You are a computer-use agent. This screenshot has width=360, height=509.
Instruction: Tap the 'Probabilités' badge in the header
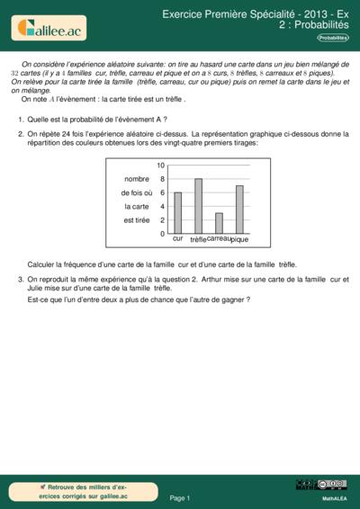point(332,39)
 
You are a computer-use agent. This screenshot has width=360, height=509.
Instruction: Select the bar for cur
point(178,212)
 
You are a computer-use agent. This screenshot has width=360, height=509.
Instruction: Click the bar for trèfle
point(199,206)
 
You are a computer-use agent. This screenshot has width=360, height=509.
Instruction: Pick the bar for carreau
point(219,223)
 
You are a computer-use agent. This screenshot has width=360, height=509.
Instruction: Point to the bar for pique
point(239,210)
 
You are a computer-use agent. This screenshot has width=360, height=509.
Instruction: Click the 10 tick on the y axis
point(161,165)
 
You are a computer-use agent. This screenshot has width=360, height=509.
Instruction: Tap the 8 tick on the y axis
point(161,179)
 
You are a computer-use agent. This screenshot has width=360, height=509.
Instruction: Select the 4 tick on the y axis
point(161,206)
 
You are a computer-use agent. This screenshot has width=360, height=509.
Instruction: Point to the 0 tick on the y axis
point(161,234)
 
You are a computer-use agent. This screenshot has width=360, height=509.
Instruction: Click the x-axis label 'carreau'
point(219,237)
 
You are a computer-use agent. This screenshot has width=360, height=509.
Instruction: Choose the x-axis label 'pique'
point(239,240)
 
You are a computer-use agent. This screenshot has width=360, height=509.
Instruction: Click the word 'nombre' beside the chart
point(137,179)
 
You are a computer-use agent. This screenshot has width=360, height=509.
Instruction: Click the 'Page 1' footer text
point(180,497)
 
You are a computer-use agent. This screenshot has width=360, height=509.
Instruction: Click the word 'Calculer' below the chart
point(42,264)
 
